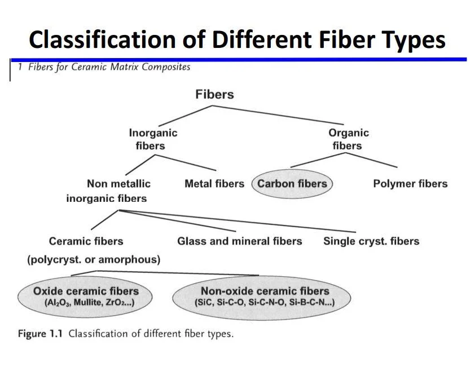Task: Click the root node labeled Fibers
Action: [214, 94]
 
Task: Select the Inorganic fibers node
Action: [152, 139]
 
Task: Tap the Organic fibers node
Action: [348, 139]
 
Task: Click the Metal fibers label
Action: [214, 184]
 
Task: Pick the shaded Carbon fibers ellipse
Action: [292, 184]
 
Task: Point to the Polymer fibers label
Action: [410, 184]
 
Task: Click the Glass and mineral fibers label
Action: [239, 241]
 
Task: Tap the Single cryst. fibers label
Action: [371, 241]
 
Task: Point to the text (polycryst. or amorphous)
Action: [94, 260]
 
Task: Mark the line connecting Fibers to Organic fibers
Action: [282, 114]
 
